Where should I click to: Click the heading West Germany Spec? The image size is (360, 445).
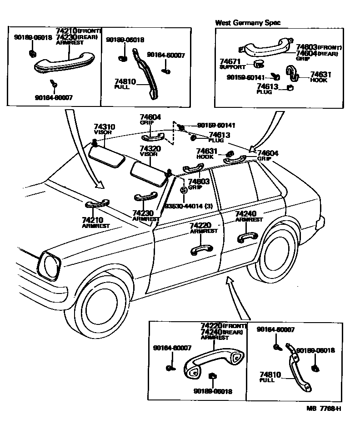click(248, 22)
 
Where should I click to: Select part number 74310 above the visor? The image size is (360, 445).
click(105, 127)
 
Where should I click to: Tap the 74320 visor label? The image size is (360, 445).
click(150, 149)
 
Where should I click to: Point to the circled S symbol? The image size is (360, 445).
click(183, 191)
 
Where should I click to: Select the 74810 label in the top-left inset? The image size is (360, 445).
click(125, 82)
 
